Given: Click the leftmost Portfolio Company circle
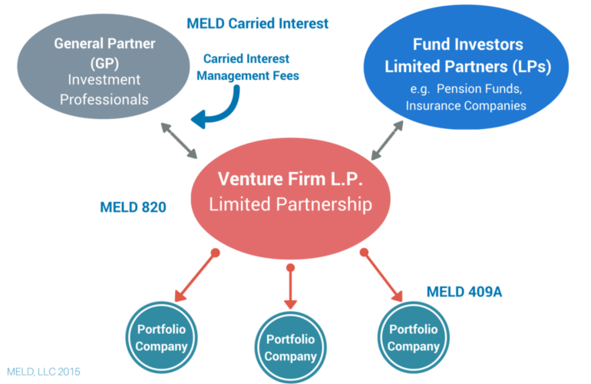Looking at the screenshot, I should [162, 337].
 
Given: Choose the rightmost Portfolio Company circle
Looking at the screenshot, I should [413, 337].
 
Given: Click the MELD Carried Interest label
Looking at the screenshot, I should [257, 23].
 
